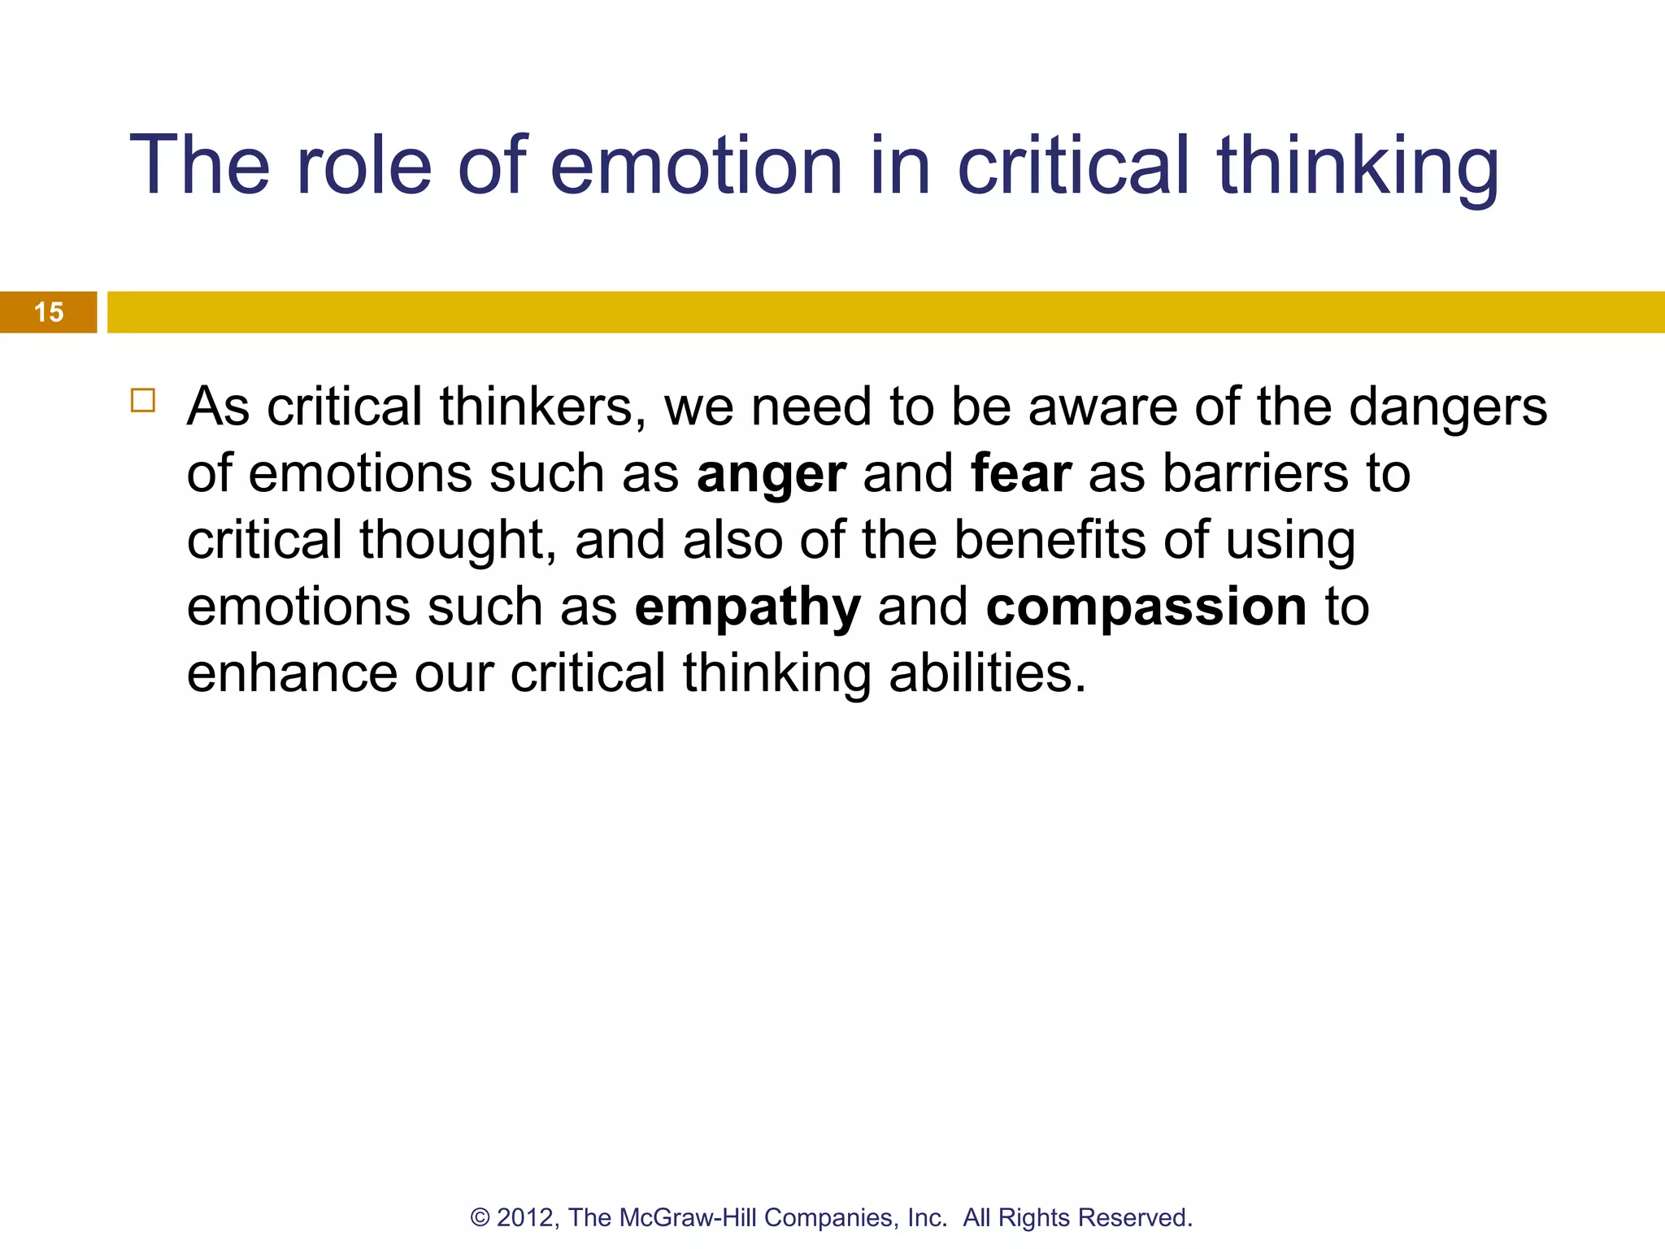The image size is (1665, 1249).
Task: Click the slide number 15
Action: click(49, 312)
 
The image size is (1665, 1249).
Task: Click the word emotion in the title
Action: click(696, 166)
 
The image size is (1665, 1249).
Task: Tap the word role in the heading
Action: click(363, 166)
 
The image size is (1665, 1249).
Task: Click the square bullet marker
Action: click(143, 401)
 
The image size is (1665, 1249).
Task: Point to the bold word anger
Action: click(771, 474)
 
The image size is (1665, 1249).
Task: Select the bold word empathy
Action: click(747, 608)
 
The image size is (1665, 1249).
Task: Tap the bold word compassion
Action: click(1146, 607)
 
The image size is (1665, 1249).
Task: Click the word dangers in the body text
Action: click(1448, 407)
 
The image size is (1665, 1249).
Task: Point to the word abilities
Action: click(987, 673)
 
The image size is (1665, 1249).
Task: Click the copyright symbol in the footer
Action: click(480, 1217)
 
